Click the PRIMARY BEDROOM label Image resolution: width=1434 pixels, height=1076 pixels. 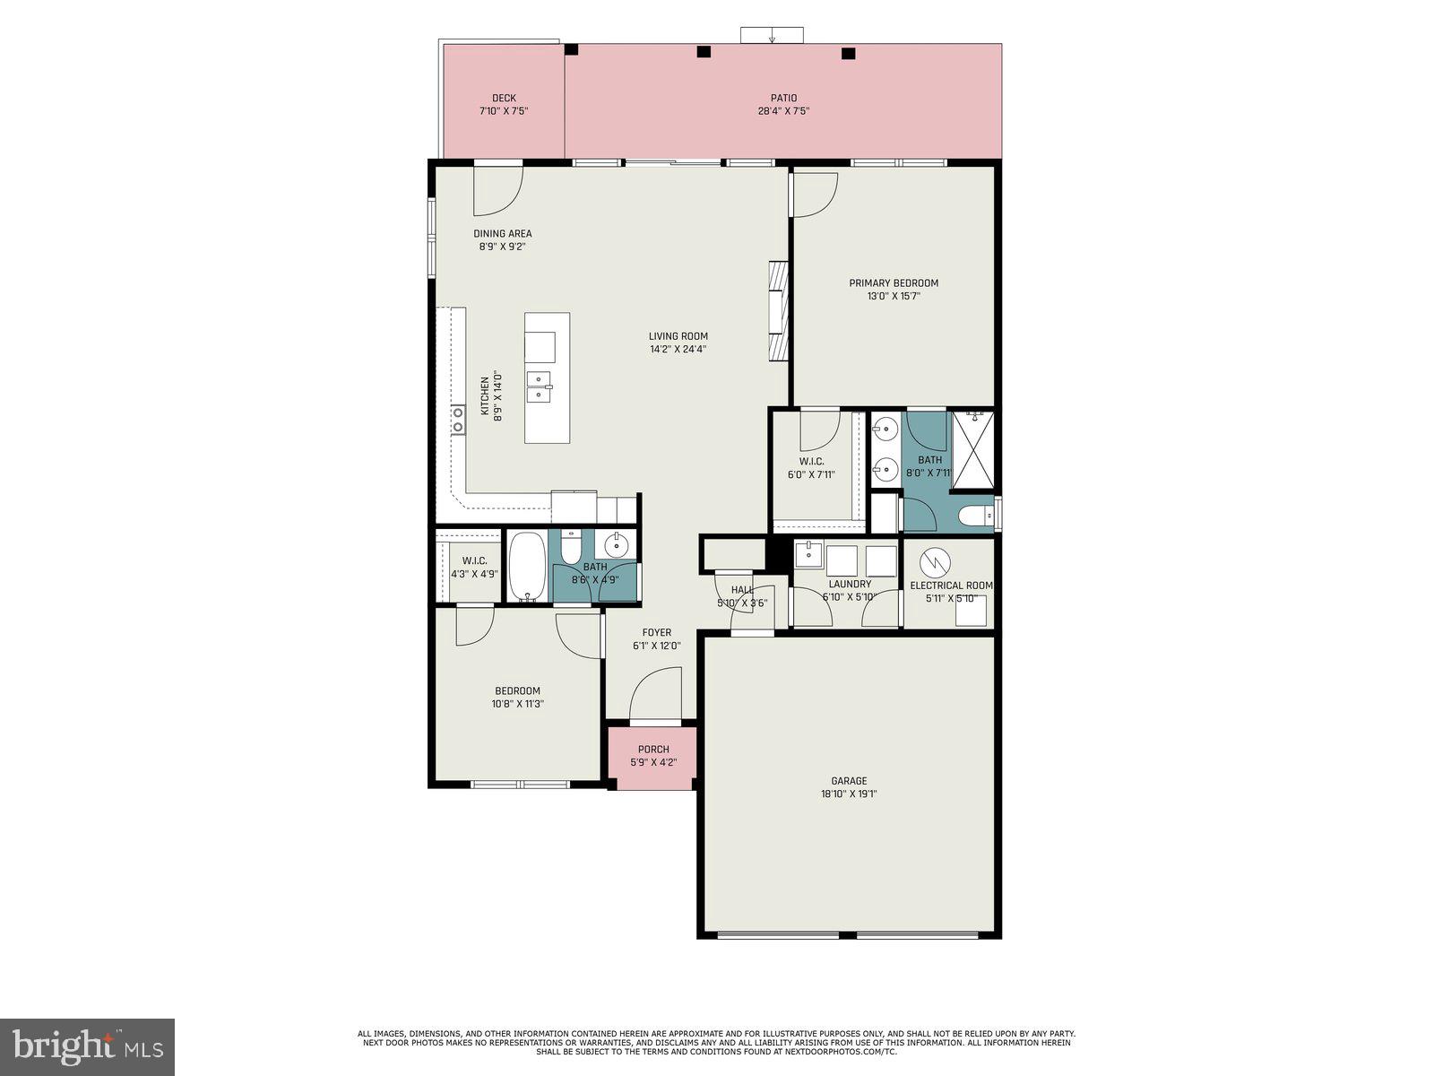(894, 283)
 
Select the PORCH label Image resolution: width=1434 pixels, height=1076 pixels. (653, 750)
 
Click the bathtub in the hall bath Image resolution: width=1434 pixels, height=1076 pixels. (527, 568)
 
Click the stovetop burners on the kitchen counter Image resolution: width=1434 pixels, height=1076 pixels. (458, 420)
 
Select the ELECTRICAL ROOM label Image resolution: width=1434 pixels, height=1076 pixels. (951, 586)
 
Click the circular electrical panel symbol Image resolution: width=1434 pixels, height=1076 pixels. (935, 562)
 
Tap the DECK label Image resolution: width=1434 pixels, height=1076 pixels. (504, 99)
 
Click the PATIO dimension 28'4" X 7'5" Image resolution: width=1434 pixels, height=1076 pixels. (783, 112)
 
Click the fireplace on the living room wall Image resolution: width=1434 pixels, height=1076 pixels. (777, 311)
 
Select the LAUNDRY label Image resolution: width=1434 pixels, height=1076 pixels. (849, 584)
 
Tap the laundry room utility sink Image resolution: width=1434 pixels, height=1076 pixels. (808, 554)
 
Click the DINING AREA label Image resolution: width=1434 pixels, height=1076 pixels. (502, 234)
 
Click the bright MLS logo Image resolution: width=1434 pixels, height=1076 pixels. (87, 1047)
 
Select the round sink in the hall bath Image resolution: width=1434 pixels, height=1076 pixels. (617, 543)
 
